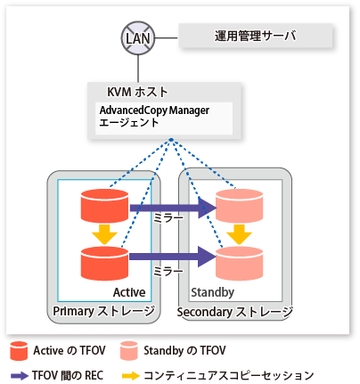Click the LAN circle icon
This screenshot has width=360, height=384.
[138, 38]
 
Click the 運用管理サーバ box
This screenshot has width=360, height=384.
[255, 36]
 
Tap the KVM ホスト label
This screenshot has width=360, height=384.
[137, 92]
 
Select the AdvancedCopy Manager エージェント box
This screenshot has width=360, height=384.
[164, 118]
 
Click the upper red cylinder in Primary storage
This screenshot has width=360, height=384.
[104, 206]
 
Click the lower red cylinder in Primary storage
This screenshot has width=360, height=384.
[104, 264]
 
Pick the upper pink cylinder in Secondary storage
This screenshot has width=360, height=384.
[239, 206]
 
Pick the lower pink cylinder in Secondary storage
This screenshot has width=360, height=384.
[239, 264]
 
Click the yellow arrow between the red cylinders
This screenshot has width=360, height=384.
[104, 234]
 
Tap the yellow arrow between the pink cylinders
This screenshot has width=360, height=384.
[239, 234]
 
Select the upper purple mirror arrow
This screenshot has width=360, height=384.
[173, 208]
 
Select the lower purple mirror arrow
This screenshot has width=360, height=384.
[173, 257]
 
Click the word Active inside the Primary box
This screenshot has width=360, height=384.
[129, 292]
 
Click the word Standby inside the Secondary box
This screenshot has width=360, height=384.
[212, 292]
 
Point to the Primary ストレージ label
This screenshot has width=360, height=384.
[104, 311]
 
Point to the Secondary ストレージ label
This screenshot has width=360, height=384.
[235, 312]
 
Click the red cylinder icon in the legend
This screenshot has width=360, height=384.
[19, 351]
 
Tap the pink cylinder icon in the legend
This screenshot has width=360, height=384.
[129, 351]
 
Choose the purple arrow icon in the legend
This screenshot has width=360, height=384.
[20, 376]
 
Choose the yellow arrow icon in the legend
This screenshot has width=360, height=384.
[131, 376]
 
